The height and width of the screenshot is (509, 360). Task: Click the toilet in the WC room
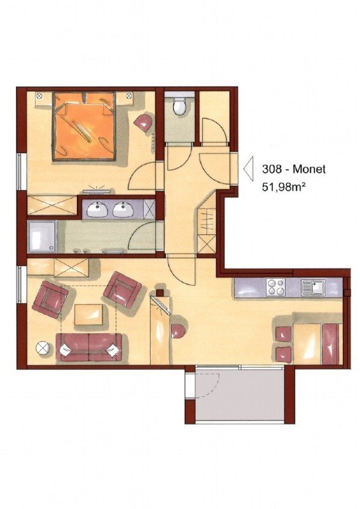point(179,105)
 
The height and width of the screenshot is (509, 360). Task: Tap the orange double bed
point(85,126)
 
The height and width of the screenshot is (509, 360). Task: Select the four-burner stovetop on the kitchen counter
point(275,288)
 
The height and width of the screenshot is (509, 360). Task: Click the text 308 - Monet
point(293,169)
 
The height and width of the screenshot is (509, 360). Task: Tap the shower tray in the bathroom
point(42,236)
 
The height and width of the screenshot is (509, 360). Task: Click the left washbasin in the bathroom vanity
point(97,209)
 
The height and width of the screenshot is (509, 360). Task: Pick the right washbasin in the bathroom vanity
point(123,209)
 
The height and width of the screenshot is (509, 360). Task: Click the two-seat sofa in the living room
point(88,347)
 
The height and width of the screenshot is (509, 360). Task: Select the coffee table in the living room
point(88,314)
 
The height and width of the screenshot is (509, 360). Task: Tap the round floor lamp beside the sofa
point(43,348)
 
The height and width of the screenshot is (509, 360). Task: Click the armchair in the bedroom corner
point(144,122)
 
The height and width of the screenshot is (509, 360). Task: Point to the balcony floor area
point(240,394)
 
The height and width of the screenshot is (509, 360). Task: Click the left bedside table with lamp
point(39,96)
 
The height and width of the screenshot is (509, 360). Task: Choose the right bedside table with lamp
point(129,96)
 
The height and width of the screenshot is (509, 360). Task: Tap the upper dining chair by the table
point(284,334)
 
